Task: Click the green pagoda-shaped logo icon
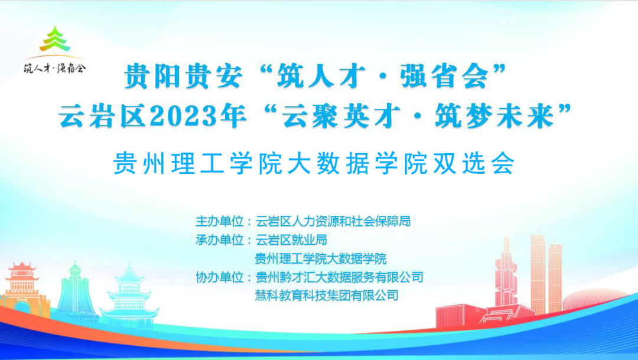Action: tap(55, 38)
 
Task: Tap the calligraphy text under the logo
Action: tap(55, 67)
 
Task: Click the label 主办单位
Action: tap(220, 221)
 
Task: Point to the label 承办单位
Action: tap(220, 240)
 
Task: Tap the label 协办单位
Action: tap(220, 277)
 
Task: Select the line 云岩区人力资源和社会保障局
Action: tap(333, 221)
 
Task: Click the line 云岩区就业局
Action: tap(291, 240)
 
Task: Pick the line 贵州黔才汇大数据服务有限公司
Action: tap(339, 277)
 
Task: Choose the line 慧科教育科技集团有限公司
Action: tap(327, 295)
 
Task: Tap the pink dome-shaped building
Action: tap(594, 299)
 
